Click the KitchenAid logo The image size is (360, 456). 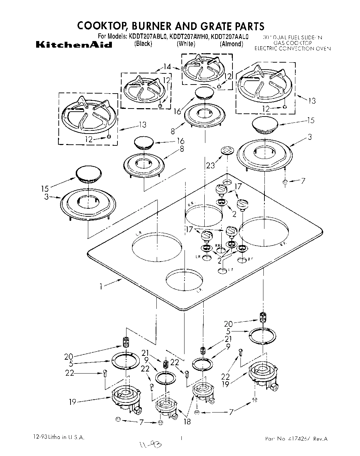pos(74,45)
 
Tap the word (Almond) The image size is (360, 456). pos(231,44)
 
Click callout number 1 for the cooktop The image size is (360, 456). pos(101,287)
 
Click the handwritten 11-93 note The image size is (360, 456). pos(153,445)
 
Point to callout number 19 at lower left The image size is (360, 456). pos(72,402)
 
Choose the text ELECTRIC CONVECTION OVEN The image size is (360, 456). pos(293,49)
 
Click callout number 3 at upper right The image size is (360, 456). pos(310,137)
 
